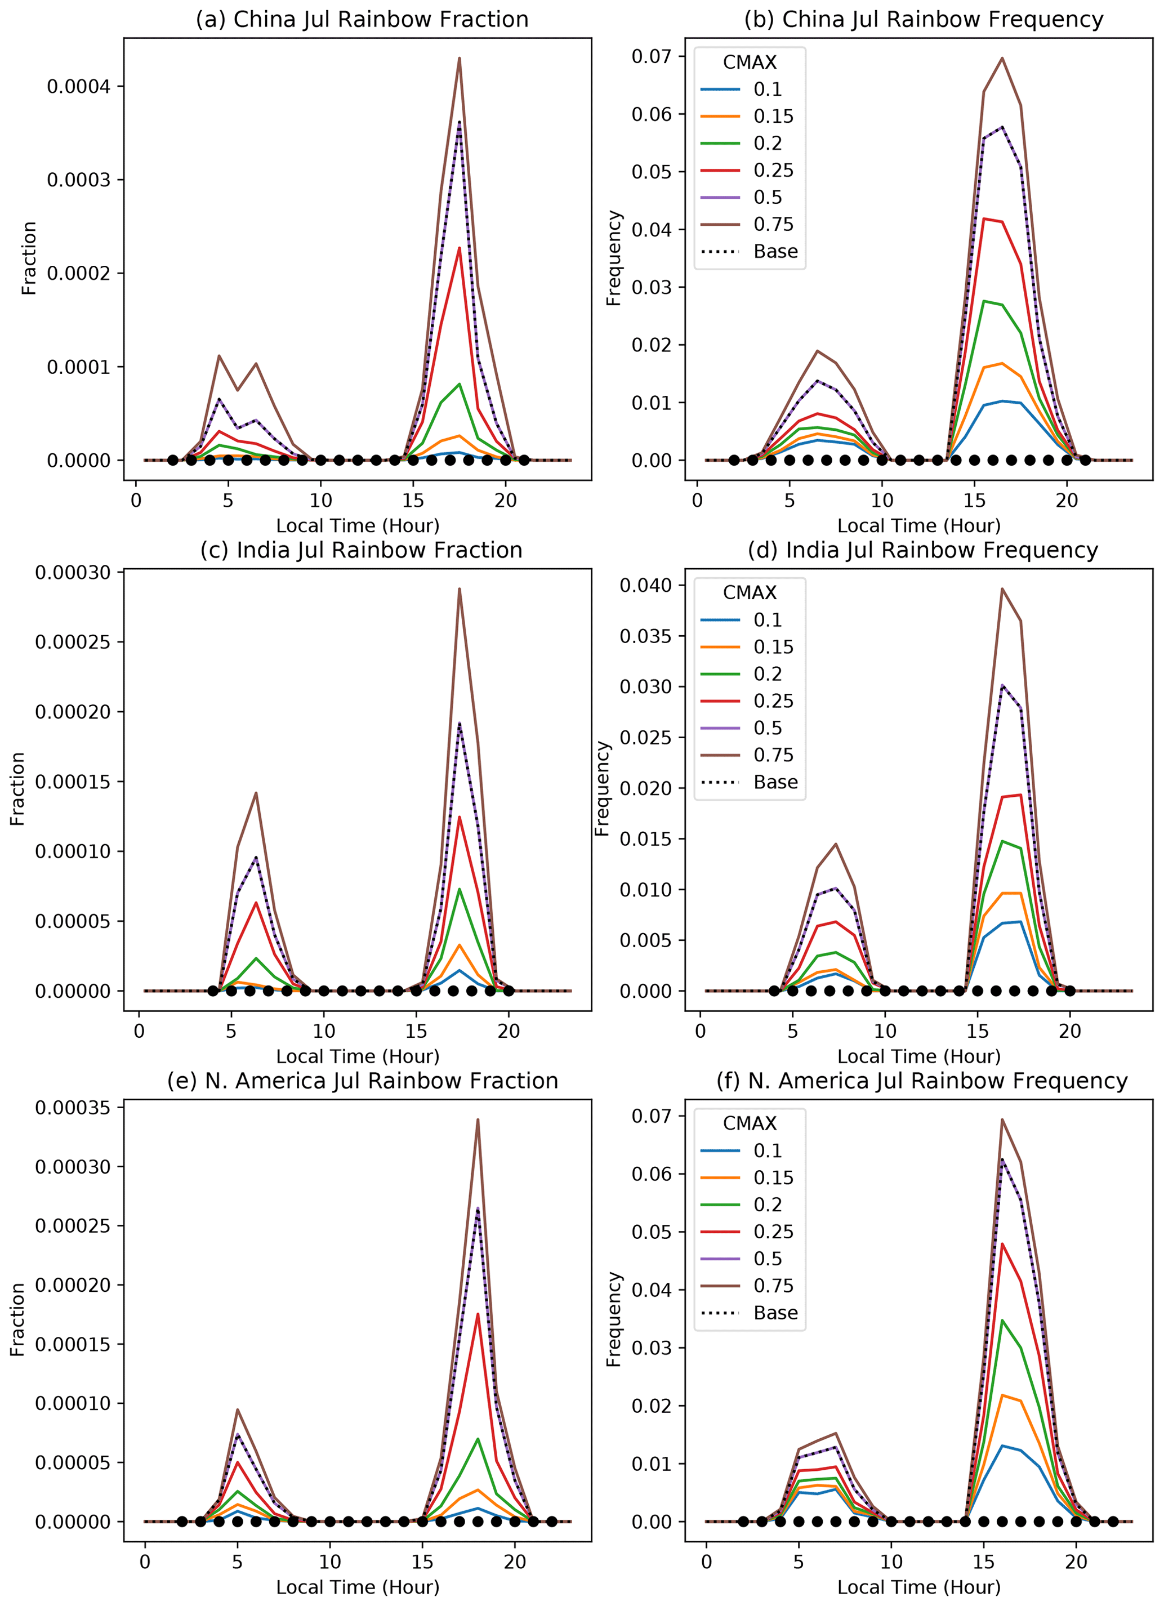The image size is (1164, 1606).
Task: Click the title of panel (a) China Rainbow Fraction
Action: (362, 19)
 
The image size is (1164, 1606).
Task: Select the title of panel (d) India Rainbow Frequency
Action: (922, 550)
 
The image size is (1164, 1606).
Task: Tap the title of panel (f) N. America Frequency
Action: (922, 1081)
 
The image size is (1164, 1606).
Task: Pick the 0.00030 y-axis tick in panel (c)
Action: (73, 572)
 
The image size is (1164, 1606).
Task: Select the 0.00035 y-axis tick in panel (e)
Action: (73, 1108)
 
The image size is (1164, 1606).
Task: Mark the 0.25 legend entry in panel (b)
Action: (773, 171)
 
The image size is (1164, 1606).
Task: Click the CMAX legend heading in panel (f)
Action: (749, 1124)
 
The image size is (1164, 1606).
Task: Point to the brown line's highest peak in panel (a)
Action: (460, 58)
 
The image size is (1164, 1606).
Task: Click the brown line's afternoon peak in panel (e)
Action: (478, 1119)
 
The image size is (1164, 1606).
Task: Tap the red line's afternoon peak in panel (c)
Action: (460, 817)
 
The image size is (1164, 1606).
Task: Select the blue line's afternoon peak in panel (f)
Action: (1002, 1446)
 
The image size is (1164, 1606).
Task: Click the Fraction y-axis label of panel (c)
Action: (17, 788)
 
